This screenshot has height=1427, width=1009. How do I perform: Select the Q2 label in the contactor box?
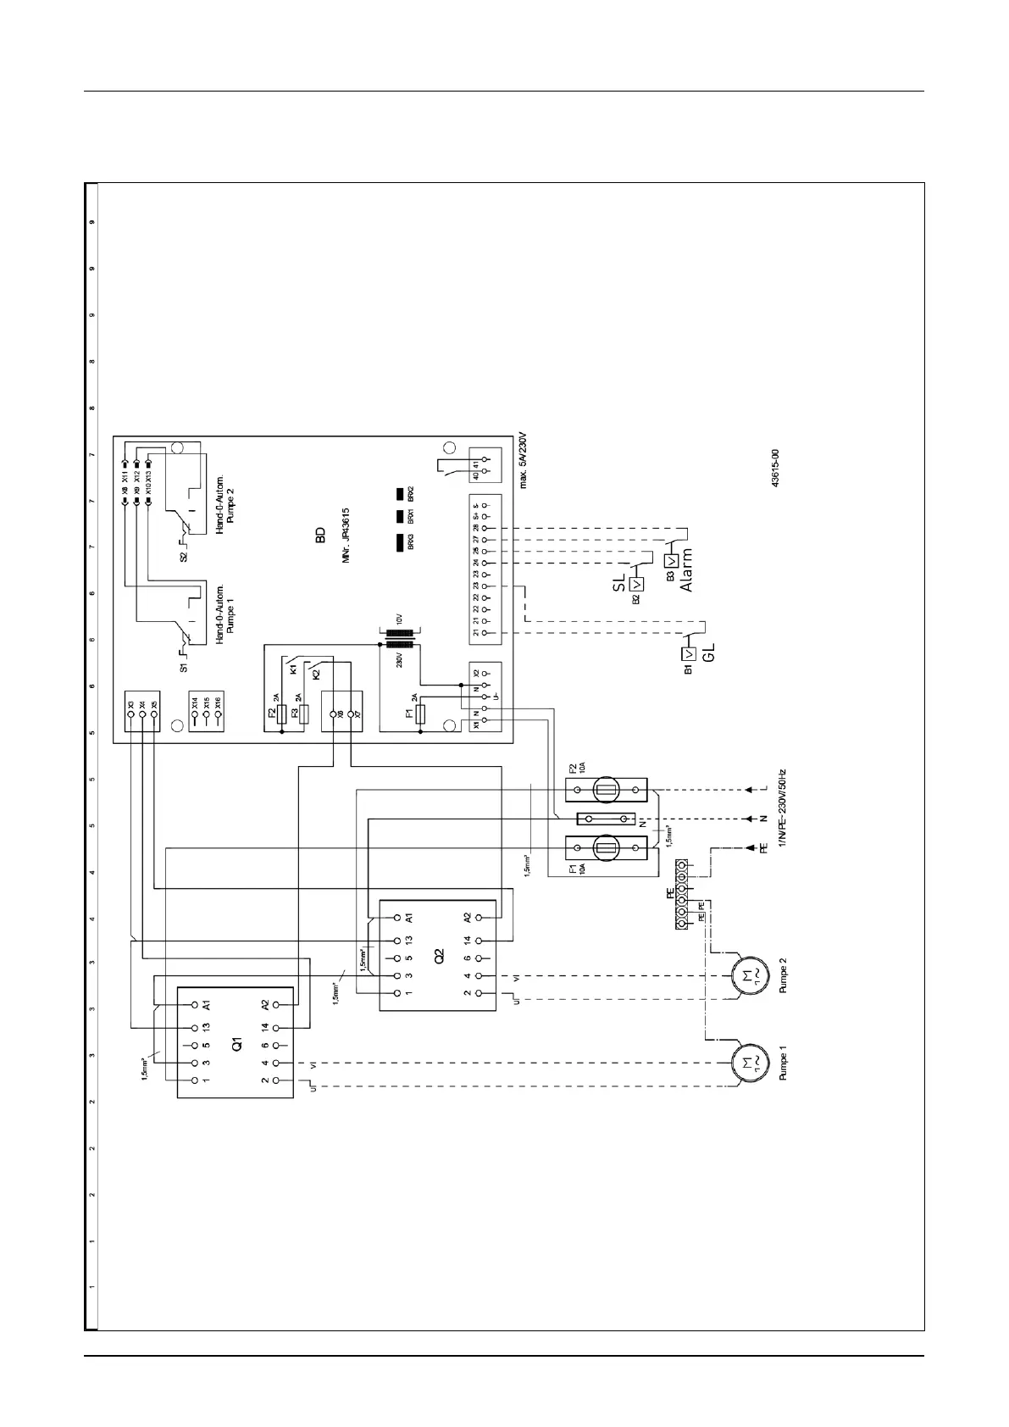click(x=438, y=955)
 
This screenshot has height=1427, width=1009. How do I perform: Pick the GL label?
click(x=710, y=652)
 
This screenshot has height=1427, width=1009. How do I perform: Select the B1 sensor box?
click(x=690, y=653)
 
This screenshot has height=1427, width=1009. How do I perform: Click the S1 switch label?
click(x=184, y=668)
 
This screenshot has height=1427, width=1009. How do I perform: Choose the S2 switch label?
click(x=184, y=556)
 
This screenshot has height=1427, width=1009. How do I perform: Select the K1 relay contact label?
click(x=293, y=669)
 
